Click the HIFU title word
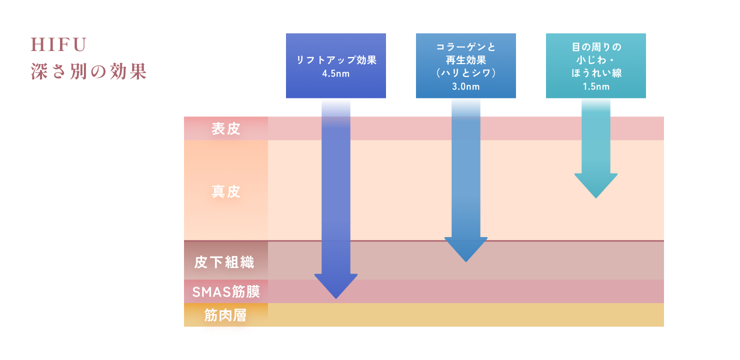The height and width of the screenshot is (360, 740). click(59, 45)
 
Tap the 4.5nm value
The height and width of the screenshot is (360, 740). click(335, 74)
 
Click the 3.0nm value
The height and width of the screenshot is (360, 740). click(465, 86)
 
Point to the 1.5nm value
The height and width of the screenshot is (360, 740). click(595, 86)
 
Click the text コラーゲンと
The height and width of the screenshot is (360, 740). click(465, 47)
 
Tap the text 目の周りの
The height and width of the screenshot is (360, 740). click(595, 47)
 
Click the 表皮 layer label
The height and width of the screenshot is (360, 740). click(226, 128)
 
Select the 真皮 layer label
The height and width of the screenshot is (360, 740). click(226, 191)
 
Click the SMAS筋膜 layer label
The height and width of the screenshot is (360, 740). click(225, 291)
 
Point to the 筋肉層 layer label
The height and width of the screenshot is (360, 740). click(225, 315)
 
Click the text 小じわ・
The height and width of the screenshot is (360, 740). click(595, 60)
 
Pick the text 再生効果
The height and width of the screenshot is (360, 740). click(465, 60)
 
